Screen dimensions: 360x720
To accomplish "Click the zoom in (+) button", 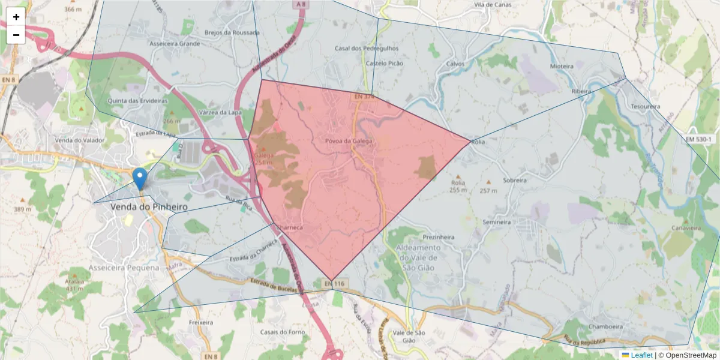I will pos(16,17).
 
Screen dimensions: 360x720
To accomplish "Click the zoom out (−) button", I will pos(16,35).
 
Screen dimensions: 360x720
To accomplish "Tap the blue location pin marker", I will pos(140,178).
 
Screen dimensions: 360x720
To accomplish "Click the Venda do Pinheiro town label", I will pos(149,206).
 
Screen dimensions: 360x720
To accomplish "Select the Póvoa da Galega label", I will pos(349,141).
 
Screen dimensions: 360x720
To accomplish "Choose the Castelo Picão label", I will pos(385,63).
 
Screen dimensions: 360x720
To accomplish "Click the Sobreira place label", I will pos(515,180).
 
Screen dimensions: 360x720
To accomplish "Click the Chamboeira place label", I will pos(608,328).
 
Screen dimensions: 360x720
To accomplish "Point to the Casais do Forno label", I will pos(283,332).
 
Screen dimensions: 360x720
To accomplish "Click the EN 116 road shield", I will pos(335,283).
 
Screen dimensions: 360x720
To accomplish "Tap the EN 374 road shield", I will pos(364,97).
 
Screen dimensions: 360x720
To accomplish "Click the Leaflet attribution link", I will pos(640,355).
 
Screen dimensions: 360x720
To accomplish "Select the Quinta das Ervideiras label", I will pos(137,101).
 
